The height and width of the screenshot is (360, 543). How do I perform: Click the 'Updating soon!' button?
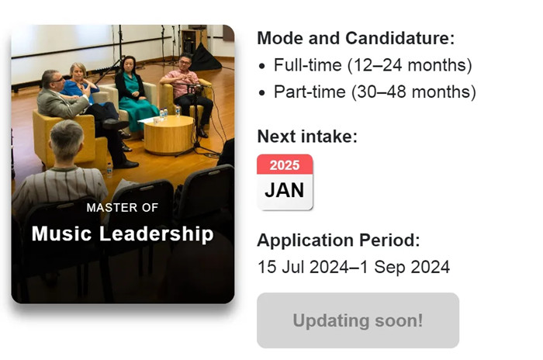click(x=358, y=320)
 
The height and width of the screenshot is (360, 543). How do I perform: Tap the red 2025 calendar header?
click(x=285, y=164)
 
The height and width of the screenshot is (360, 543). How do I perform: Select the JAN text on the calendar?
click(x=285, y=190)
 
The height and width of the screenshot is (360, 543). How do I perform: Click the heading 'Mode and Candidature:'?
click(x=355, y=38)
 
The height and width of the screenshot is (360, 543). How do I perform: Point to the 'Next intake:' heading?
click(x=307, y=137)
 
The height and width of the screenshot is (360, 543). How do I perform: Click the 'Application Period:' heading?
click(x=338, y=240)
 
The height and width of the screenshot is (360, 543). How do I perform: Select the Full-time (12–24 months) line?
click(x=372, y=65)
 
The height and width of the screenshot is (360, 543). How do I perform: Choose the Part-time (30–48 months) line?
click(x=375, y=92)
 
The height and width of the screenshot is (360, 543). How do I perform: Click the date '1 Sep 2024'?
click(x=405, y=267)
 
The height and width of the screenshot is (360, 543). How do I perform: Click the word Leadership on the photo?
click(x=156, y=234)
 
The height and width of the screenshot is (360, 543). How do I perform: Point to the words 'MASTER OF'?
click(x=123, y=208)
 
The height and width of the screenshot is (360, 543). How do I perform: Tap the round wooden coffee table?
click(x=169, y=134)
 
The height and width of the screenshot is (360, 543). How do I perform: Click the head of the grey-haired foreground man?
click(x=67, y=140)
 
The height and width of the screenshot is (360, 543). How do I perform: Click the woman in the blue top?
click(x=81, y=85)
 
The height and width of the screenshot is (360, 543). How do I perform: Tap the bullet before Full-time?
click(x=262, y=66)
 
